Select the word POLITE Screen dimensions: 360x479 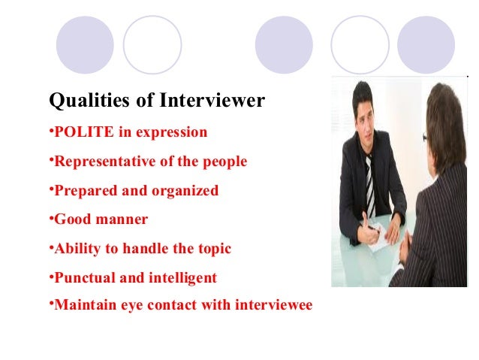[82, 133]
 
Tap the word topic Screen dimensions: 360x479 [212, 249]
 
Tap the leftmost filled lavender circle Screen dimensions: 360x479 [85, 45]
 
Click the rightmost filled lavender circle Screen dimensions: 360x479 [426, 45]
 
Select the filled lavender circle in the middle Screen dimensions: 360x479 [284, 45]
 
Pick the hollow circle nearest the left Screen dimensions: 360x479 [152, 45]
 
